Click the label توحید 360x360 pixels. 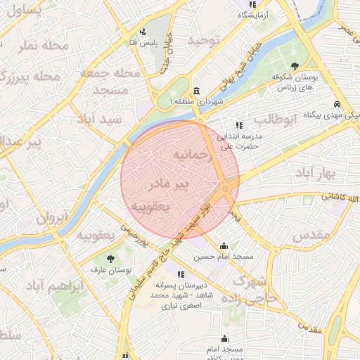(x=204, y=40)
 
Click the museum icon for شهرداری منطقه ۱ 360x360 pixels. (x=195, y=91)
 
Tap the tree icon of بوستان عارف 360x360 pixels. (x=111, y=259)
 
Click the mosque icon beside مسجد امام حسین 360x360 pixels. (x=224, y=246)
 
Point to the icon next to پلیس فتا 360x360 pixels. (x=143, y=32)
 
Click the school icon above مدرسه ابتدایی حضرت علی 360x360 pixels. (x=240, y=125)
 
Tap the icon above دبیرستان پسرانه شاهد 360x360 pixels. (x=181, y=274)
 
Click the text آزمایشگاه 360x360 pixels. (x=252, y=15)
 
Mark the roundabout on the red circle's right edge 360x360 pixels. (x=225, y=188)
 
